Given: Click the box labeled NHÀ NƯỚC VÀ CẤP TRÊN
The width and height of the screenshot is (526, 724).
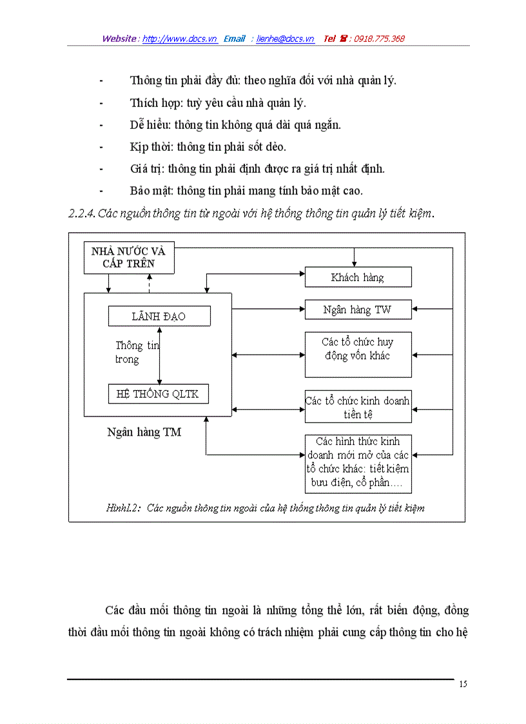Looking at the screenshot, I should tap(129, 257).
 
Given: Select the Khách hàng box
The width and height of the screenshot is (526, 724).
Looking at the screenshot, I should tap(358, 278).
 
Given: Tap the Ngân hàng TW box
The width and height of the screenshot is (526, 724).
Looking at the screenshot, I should tap(358, 310).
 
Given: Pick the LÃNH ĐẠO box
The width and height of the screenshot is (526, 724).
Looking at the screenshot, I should tap(159, 316).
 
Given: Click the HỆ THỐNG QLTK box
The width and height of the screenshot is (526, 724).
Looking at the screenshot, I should tap(159, 394).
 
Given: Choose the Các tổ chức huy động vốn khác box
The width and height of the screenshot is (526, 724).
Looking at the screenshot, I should tap(358, 354).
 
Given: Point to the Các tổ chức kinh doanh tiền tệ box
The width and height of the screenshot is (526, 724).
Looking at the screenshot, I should tap(358, 407).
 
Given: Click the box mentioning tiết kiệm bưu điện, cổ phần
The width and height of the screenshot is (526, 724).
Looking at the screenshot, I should tap(358, 464).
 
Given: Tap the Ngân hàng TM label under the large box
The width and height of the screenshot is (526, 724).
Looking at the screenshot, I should tap(144, 433).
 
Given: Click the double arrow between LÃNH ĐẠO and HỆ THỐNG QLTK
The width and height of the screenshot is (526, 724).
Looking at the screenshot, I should tap(159, 355).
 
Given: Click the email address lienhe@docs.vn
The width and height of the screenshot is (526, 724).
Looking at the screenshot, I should tap(285, 39).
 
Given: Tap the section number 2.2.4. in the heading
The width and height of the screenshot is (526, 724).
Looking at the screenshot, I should tap(82, 214).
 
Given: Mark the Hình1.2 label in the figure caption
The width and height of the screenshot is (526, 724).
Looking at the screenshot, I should tap(123, 508).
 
